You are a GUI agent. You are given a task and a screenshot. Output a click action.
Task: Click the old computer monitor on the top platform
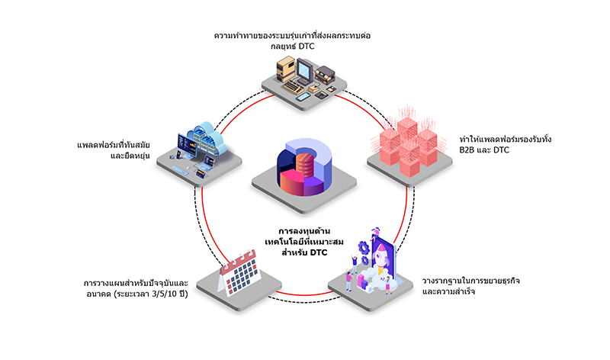[x=304, y=71]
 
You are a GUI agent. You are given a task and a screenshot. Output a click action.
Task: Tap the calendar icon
[x=239, y=272]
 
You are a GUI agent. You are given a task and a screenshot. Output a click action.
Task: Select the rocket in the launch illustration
[x=380, y=256]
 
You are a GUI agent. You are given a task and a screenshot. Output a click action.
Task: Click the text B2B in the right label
[x=468, y=149]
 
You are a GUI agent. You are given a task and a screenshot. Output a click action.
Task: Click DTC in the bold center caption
[x=319, y=252]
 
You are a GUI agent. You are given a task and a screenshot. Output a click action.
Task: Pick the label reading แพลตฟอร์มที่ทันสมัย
[x=113, y=145]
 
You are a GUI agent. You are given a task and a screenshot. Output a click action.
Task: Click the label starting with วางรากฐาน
[x=470, y=286]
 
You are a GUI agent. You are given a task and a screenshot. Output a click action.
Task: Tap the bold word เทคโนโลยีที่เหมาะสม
[x=304, y=242]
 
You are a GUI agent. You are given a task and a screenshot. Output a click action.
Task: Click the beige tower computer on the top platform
[x=285, y=69]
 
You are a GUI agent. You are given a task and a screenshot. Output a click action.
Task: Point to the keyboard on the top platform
[x=294, y=87]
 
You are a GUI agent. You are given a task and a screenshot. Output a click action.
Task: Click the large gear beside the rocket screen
[x=364, y=247]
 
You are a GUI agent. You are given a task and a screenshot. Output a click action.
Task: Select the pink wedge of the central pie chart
[x=291, y=182]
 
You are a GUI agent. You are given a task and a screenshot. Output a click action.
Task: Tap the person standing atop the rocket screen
[x=375, y=233]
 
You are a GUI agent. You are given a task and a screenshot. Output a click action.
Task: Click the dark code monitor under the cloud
[x=187, y=145]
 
